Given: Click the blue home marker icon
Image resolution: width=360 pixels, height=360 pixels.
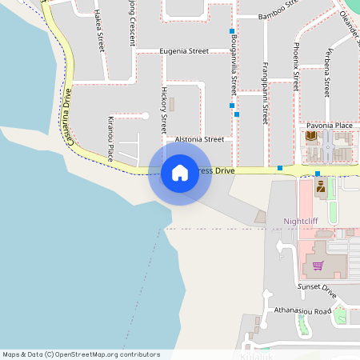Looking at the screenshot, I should [180, 173].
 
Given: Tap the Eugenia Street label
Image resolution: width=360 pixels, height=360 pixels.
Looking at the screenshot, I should [184, 51].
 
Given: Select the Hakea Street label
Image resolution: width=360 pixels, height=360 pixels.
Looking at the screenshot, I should [99, 30].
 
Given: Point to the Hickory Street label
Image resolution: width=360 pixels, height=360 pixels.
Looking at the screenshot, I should [164, 110].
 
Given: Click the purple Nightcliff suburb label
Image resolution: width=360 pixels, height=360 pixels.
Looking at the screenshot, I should [302, 221].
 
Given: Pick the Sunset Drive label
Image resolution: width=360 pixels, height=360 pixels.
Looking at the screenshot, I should [314, 286].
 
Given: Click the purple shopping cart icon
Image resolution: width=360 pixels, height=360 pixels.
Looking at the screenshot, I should [318, 266].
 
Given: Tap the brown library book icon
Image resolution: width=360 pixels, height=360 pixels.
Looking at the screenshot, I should [311, 136].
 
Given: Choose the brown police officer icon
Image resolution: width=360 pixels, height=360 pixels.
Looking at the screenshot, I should [321, 187].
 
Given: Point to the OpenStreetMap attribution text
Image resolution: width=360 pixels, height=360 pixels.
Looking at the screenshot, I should [81, 354].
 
